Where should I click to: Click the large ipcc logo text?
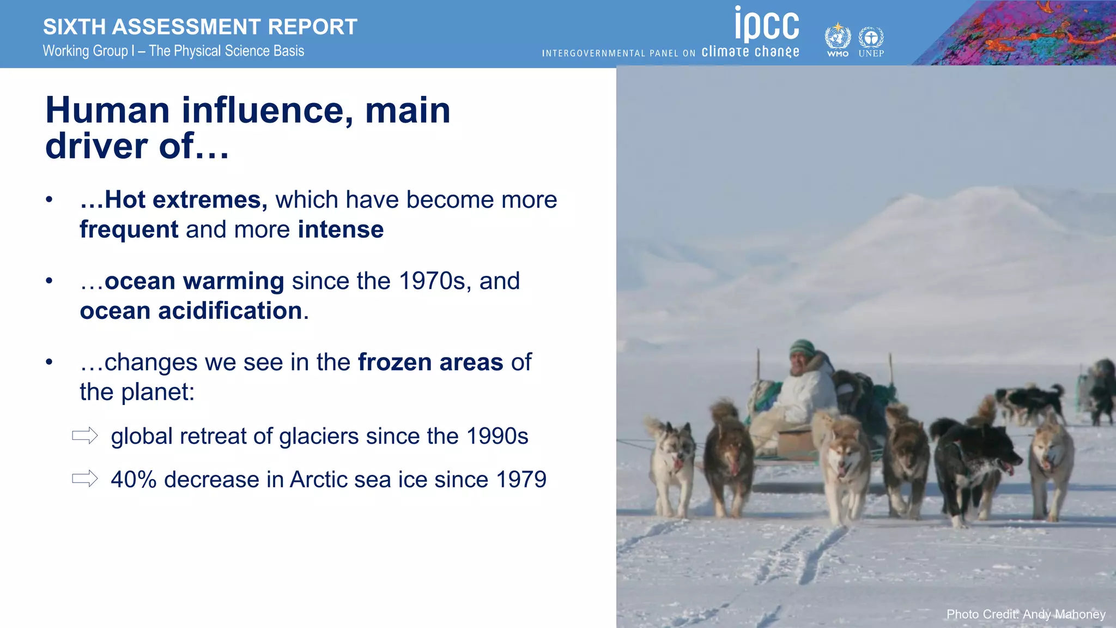pyautogui.click(x=767, y=25)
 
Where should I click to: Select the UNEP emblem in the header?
pyautogui.click(x=871, y=39)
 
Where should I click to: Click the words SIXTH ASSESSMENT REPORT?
pyautogui.click(x=200, y=27)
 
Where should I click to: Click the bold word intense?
pyautogui.click(x=341, y=230)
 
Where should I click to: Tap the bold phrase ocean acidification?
pyautogui.click(x=191, y=311)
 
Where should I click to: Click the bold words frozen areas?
pyautogui.click(x=430, y=363)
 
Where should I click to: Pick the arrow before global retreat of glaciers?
pyautogui.click(x=85, y=436)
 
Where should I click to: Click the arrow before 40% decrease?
pyautogui.click(x=85, y=479)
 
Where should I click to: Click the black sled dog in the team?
pyautogui.click(x=973, y=458)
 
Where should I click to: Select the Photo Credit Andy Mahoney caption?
pyautogui.click(x=1026, y=614)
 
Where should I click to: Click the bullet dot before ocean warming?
pyautogui.click(x=49, y=281)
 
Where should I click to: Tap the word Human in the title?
pyautogui.click(x=107, y=111)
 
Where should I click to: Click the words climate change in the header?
pyautogui.click(x=750, y=52)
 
